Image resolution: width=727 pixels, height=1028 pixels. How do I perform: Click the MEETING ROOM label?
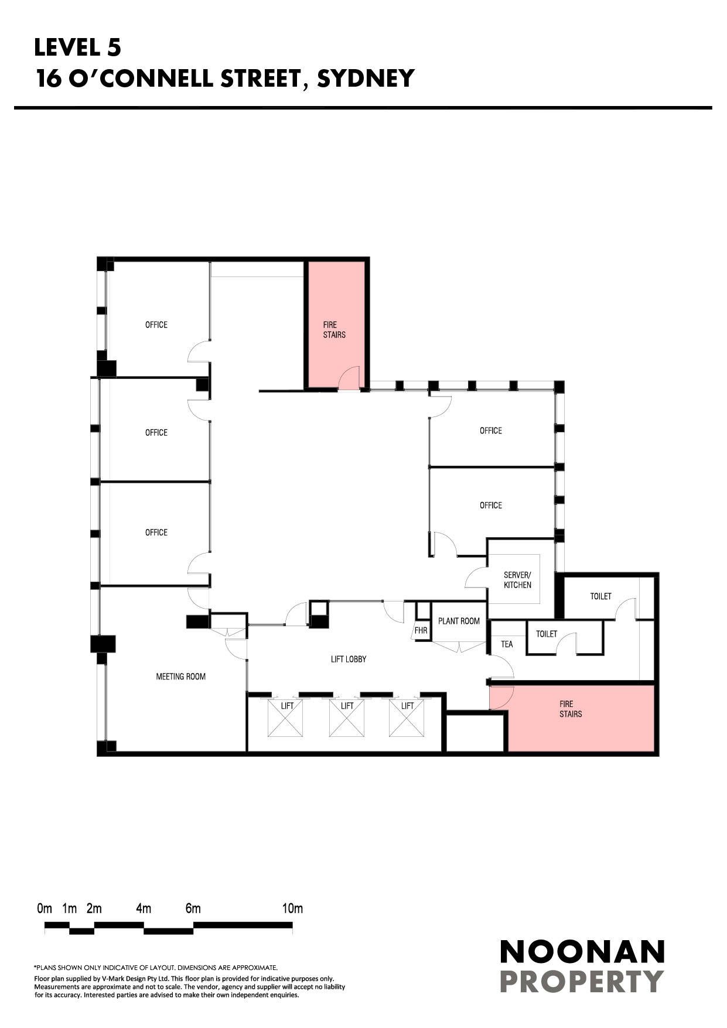(180, 677)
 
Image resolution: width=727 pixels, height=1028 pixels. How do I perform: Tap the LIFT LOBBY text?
(349, 659)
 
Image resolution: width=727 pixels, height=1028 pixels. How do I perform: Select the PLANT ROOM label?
(459, 621)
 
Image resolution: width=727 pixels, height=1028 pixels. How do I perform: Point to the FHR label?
(421, 631)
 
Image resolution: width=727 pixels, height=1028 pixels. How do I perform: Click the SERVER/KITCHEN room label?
(517, 580)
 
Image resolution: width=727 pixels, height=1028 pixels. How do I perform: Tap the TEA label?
(507, 644)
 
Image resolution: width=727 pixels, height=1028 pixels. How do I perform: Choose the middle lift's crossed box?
(347, 718)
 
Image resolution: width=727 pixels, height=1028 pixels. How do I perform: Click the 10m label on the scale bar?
(292, 909)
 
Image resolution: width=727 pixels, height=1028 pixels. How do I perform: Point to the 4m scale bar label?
(144, 909)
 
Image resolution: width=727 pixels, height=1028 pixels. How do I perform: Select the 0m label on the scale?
(45, 909)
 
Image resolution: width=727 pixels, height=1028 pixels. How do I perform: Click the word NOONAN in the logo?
(582, 952)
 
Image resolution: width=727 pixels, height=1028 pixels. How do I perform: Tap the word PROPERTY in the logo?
(582, 981)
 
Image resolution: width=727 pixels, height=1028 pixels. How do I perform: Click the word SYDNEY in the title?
(366, 78)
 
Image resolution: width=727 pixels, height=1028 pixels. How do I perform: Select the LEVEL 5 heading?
(77, 47)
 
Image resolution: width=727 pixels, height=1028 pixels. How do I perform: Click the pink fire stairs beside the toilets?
(580, 718)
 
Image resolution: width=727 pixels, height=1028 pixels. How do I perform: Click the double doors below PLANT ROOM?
(460, 647)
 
